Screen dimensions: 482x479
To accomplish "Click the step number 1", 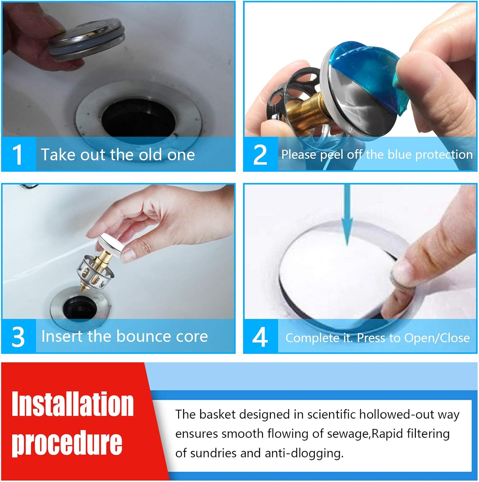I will (x=17, y=155).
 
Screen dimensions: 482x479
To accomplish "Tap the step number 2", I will (x=260, y=155).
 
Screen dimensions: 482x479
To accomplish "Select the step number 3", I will (x=18, y=336).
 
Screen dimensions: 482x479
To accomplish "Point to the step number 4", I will (x=260, y=337).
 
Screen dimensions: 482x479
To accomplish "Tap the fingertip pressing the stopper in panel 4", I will (x=402, y=270).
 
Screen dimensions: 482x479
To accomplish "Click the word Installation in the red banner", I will (x=72, y=404).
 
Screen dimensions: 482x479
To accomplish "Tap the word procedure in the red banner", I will (x=67, y=443).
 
